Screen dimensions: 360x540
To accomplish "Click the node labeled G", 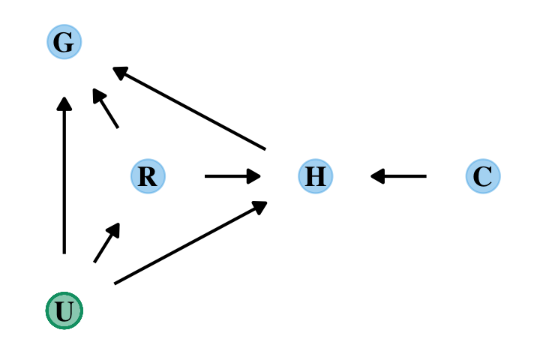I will [x=64, y=42].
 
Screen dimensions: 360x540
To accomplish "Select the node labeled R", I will [x=148, y=176].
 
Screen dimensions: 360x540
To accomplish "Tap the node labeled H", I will [x=315, y=176].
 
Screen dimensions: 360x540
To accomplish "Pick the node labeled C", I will [x=482, y=176].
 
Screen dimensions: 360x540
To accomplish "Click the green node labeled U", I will [x=64, y=310].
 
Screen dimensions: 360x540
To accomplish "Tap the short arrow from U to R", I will [x=106, y=243].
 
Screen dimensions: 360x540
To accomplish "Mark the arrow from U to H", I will [x=190, y=242].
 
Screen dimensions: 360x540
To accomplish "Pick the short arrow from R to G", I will [x=106, y=109].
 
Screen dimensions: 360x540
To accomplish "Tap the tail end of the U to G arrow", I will [x=64, y=253].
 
